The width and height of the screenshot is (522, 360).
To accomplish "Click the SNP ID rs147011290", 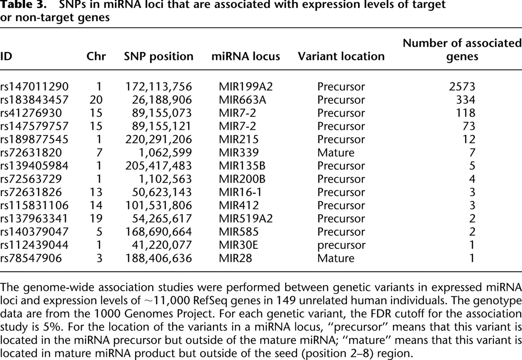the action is [34, 87].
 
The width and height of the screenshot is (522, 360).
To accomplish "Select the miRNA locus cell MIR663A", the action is [242, 100].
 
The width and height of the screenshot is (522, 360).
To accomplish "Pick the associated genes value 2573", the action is [462, 87].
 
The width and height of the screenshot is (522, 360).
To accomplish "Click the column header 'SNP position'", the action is [158, 57].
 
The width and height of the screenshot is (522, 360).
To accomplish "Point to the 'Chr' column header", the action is [96, 57].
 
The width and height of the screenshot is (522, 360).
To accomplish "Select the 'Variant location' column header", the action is [341, 57].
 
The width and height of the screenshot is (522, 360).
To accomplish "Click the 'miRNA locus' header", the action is [246, 57].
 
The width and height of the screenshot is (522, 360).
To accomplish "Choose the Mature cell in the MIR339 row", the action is [336, 153].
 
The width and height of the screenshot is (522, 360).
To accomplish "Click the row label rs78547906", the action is [31, 258].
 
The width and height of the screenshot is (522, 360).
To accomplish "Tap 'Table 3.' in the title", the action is [23, 5].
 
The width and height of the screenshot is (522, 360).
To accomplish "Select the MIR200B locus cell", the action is [242, 179].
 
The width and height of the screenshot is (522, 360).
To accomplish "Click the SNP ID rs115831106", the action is [34, 205].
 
